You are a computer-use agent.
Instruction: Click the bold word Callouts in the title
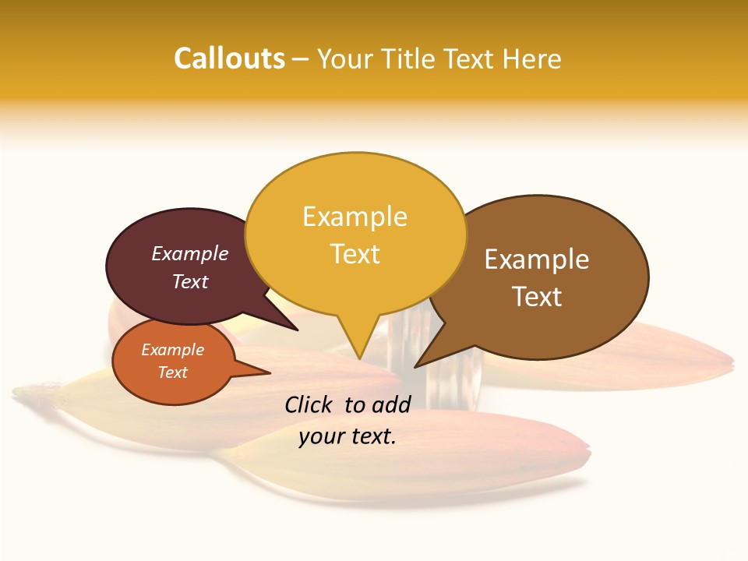tap(229, 58)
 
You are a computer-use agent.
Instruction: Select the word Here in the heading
tap(531, 58)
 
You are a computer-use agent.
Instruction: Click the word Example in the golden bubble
tap(355, 217)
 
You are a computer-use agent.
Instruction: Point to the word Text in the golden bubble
tap(355, 254)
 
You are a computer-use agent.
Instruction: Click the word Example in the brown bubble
tap(537, 259)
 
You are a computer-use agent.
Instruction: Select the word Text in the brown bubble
tap(537, 297)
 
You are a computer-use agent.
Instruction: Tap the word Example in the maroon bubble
tap(190, 253)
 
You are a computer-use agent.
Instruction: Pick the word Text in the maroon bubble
tap(190, 281)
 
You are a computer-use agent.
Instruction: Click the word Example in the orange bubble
tap(172, 350)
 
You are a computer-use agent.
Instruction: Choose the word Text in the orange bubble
tap(172, 372)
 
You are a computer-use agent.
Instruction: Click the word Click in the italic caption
tap(311, 404)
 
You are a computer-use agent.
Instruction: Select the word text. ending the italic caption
tap(372, 436)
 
